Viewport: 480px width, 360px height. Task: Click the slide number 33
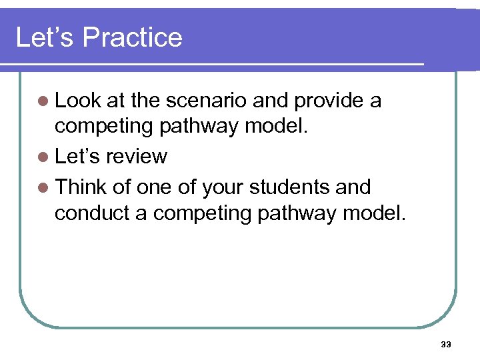pos(446,345)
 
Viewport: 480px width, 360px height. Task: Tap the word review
pos(137,157)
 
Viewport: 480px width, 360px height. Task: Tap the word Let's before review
pos(78,157)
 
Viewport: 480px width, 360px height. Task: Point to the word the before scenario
pos(145,101)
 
